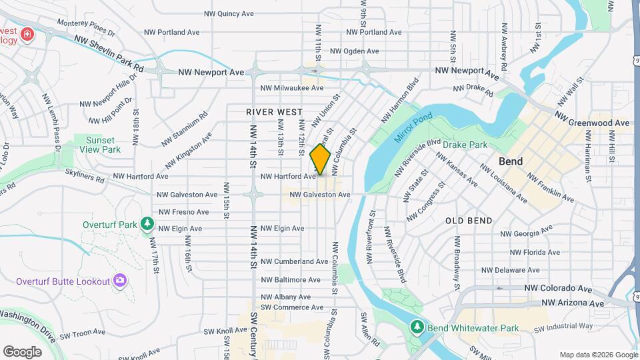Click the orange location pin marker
click(321, 159)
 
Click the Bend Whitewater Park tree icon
click(417, 327)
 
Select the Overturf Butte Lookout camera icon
click(119, 281)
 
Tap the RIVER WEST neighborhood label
click(273, 112)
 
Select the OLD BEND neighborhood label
click(469, 221)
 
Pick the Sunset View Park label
click(99, 145)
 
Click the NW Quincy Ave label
click(230, 13)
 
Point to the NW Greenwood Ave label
click(591, 123)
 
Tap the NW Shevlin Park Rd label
click(109, 54)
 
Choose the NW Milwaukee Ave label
click(291, 88)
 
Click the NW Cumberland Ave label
click(294, 262)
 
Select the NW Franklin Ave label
click(551, 187)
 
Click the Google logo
click(22, 351)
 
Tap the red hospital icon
click(27, 34)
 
